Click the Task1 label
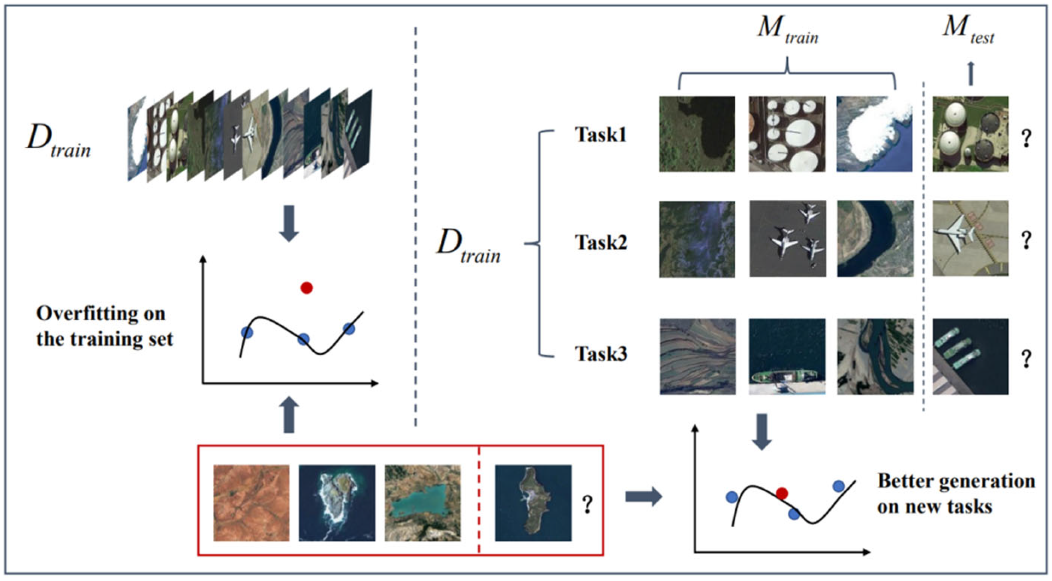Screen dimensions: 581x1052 pyautogui.click(x=600, y=135)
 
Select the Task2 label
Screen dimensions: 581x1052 pyautogui.click(x=601, y=242)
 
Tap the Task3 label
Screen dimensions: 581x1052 pyautogui.click(x=601, y=353)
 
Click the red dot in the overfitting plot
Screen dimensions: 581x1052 pyautogui.click(x=306, y=288)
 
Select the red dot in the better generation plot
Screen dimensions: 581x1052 pyautogui.click(x=782, y=493)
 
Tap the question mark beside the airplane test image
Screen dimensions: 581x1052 pyautogui.click(x=1026, y=240)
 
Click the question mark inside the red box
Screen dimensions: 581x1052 pyautogui.click(x=587, y=504)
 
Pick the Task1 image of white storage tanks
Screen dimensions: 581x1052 pyautogui.click(x=787, y=134)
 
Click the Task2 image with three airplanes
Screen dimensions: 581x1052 pyautogui.click(x=787, y=239)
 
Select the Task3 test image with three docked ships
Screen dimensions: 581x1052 pyautogui.click(x=970, y=356)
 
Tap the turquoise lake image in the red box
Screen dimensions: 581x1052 pyautogui.click(x=423, y=503)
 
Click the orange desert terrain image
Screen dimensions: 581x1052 pyautogui.click(x=251, y=503)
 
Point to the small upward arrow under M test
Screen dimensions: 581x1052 pyautogui.click(x=971, y=73)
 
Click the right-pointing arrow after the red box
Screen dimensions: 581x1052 pyautogui.click(x=643, y=496)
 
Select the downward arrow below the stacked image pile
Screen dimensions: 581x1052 pyautogui.click(x=289, y=223)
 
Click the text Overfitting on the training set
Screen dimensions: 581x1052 pyautogui.click(x=105, y=326)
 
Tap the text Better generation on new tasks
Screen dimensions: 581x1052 pyautogui.click(x=956, y=494)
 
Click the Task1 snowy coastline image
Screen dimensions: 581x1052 pyautogui.click(x=874, y=134)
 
